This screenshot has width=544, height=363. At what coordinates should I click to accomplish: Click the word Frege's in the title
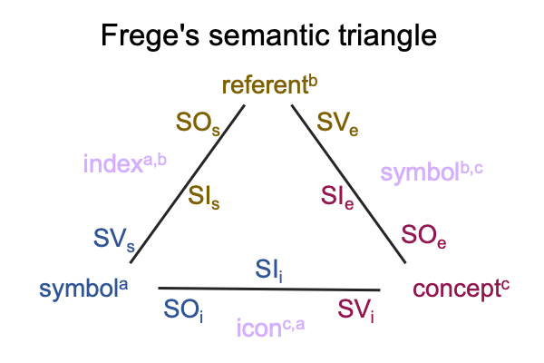[151, 35]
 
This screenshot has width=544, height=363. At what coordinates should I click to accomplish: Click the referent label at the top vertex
[269, 84]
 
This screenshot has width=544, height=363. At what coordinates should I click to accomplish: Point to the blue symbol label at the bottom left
[83, 289]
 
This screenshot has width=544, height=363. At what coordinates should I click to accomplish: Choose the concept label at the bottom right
[461, 289]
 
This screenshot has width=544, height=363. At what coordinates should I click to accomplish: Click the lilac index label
[125, 162]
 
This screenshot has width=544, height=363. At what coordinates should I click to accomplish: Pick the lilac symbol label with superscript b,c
[432, 172]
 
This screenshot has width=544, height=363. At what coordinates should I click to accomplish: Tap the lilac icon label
[270, 328]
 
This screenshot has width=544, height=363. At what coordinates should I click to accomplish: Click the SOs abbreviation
[198, 123]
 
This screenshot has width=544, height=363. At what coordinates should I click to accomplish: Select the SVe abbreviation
[337, 123]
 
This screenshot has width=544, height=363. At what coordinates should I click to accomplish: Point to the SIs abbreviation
[204, 197]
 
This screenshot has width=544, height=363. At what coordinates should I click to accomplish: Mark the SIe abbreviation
[337, 197]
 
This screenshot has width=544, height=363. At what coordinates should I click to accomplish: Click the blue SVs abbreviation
[114, 240]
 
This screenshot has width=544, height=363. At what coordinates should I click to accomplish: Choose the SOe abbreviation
[423, 236]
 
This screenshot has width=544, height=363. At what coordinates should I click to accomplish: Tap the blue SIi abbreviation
[269, 270]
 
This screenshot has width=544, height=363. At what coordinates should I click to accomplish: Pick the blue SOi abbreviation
[183, 309]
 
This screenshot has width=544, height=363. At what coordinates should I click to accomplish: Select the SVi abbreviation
[356, 309]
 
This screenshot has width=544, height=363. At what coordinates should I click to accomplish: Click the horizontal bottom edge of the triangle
[269, 289]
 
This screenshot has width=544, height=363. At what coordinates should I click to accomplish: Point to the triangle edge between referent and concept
[348, 183]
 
